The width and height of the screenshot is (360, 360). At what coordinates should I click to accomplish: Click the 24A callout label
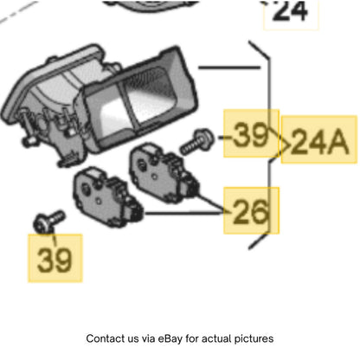[x=320, y=141]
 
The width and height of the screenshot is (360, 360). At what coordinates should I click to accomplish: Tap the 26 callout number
[x=250, y=211]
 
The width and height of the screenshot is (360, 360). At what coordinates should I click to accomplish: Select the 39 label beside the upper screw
[x=250, y=134]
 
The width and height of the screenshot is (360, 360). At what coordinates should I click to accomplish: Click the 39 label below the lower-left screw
[x=55, y=260]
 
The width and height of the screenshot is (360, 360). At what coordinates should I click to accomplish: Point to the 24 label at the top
[x=290, y=10]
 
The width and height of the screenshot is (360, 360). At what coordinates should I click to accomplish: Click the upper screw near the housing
[x=197, y=141]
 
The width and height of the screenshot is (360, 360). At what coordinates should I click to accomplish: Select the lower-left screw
[x=49, y=222]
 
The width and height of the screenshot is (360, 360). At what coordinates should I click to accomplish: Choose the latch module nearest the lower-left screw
[x=108, y=196]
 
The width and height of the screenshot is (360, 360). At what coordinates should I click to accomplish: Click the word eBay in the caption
[x=170, y=338]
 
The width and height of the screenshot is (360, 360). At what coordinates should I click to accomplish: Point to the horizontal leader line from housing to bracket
[x=229, y=67]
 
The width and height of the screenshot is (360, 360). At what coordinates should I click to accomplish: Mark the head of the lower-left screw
[x=42, y=224]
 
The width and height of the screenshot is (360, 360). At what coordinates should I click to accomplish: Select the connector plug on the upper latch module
[x=191, y=187]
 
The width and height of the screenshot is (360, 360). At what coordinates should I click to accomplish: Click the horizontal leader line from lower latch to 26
[x=184, y=213]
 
